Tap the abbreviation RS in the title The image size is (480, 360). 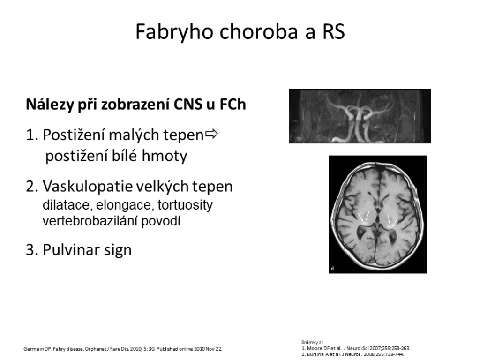[333, 31]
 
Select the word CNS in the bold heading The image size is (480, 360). [187, 104]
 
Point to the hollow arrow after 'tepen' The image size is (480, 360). [211, 134]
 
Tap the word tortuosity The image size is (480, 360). [185, 205]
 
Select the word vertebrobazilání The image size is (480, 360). [90, 221]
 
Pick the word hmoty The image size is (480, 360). [164, 156]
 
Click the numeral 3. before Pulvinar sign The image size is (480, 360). [32, 250]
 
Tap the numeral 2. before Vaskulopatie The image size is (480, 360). [32, 187]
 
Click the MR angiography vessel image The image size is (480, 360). [360, 116]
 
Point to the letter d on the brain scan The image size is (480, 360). [332, 269]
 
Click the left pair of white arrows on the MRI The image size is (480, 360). [364, 216]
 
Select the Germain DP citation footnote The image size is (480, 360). [123, 349]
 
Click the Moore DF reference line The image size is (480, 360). [356, 348]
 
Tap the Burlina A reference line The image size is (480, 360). [352, 354]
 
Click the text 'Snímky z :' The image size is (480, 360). [312, 343]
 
